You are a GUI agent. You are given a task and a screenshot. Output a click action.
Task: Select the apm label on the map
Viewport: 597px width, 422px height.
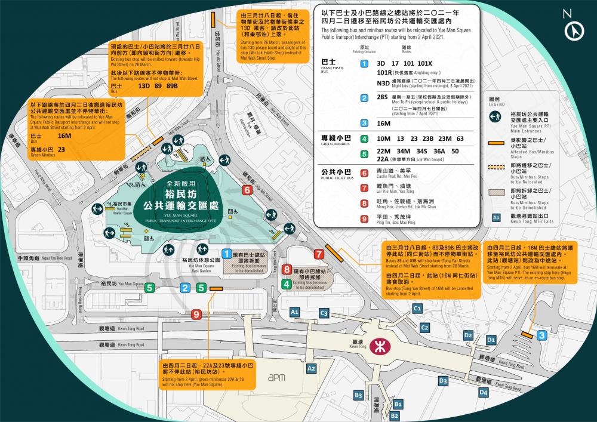276,377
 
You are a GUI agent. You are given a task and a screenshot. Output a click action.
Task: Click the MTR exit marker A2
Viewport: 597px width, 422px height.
311,369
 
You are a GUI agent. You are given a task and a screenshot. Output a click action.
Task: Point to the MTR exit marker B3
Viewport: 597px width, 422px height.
358,395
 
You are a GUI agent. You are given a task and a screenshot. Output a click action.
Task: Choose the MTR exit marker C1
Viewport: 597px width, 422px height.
417,308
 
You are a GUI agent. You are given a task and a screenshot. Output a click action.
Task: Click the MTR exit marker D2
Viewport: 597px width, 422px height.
468,335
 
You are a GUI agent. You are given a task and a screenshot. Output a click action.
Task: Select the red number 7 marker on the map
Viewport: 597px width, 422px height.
319,254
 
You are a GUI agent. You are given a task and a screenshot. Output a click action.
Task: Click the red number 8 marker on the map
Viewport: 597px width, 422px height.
287,270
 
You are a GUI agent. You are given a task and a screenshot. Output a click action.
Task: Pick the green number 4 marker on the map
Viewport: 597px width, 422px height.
287,284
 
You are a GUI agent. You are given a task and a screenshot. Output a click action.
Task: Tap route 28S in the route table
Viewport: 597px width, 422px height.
382,97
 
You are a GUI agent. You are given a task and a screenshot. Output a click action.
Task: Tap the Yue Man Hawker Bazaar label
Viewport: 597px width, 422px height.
122,208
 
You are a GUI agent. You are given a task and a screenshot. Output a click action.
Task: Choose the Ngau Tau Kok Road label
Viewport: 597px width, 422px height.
46,258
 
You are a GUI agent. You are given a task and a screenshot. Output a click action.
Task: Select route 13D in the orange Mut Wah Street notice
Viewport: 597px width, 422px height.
144,85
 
